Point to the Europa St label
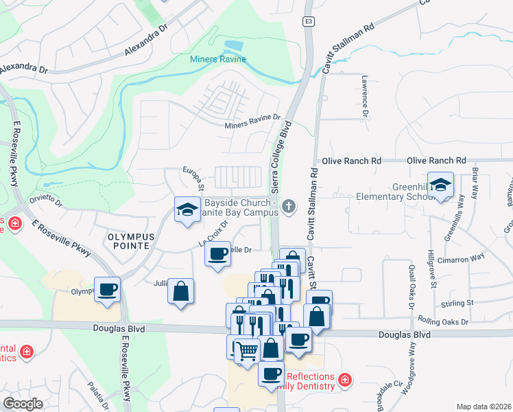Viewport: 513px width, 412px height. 194,178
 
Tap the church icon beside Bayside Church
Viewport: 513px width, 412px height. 289,205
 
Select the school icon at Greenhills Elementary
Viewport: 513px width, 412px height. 440,185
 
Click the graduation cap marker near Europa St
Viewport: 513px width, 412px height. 187,211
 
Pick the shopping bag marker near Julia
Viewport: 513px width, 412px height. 180,290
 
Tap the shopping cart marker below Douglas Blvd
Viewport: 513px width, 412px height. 247,351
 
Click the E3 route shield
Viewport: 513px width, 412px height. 309,22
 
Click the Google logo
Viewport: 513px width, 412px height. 23,404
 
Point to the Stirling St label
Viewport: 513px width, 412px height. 460,303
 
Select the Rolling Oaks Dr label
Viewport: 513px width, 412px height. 444,321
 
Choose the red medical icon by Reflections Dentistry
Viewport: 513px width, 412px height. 345,379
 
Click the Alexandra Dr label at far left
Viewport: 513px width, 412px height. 24,69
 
